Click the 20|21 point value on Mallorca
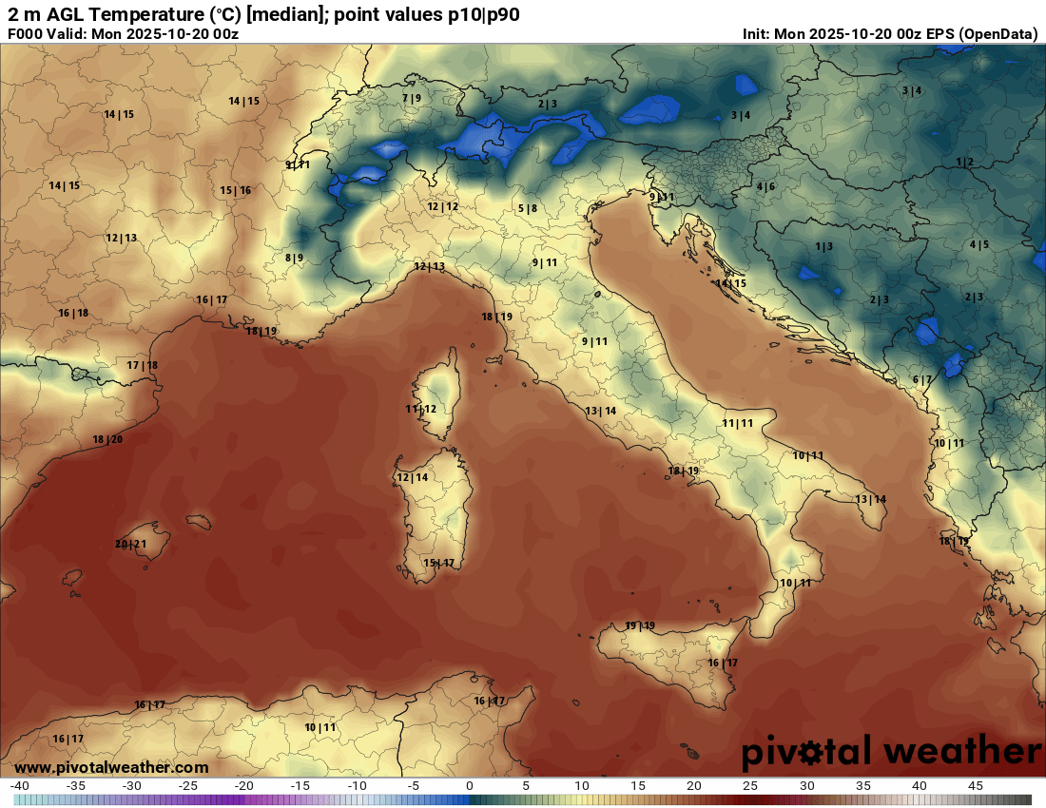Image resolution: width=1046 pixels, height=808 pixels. tap(130, 545)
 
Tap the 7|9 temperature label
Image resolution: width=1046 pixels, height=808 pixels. tap(412, 98)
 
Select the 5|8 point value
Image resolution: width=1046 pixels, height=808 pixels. tap(528, 208)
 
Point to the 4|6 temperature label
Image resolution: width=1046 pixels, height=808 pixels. tap(765, 186)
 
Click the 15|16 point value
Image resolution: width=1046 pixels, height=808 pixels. tap(236, 191)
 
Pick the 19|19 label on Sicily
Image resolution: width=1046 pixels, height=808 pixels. tap(640, 625)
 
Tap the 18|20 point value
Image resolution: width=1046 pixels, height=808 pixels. tap(107, 439)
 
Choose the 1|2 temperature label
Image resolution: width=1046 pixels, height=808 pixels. tap(965, 163)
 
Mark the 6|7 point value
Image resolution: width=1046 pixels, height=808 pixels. tap(922, 380)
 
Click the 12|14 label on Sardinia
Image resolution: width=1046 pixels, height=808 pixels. tap(413, 477)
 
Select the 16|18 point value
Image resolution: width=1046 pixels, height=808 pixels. tap(73, 314)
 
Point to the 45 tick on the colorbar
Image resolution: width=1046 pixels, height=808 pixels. tap(975, 786)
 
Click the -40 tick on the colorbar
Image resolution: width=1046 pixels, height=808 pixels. tap(19, 786)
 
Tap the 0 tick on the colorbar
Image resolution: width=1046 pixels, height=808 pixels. tap(469, 786)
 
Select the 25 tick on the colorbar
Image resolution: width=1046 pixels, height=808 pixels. tap(750, 786)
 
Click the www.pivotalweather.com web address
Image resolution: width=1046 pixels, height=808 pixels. tap(111, 767)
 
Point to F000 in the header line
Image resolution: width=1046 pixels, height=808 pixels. tap(25, 34)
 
